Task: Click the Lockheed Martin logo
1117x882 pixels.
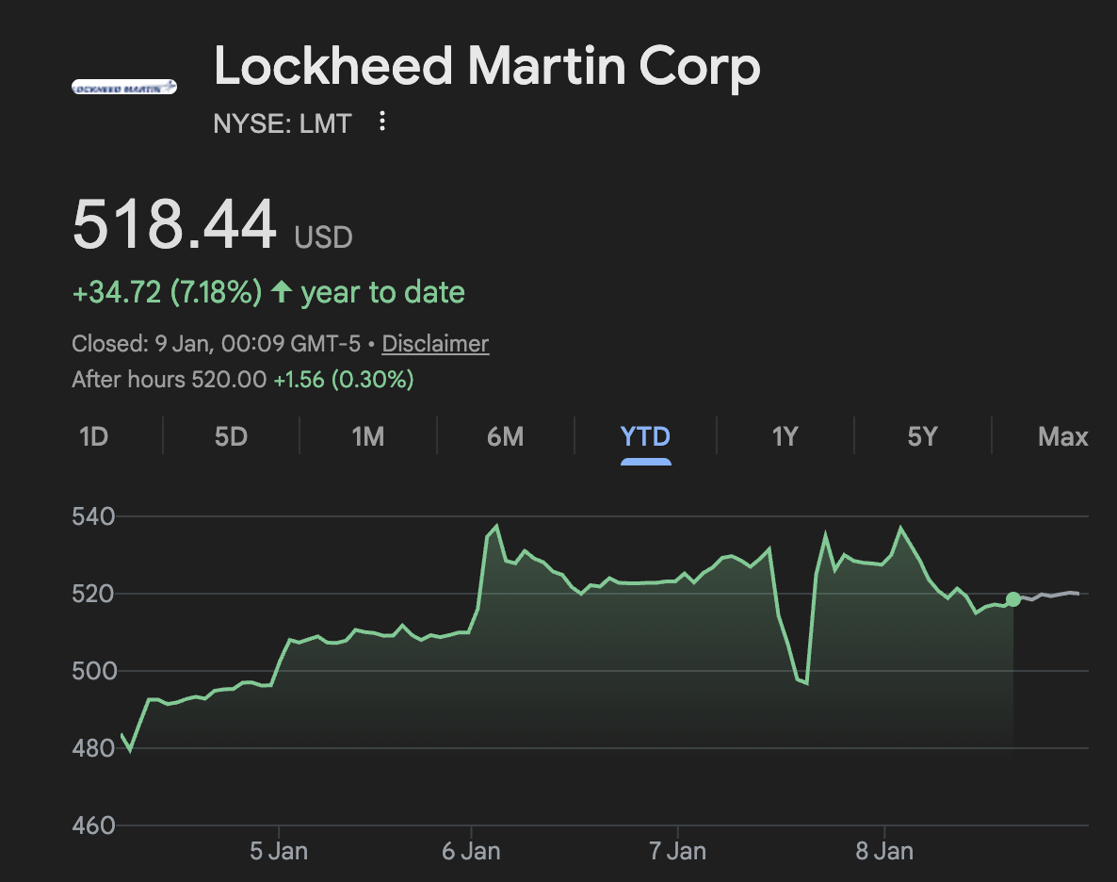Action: pyautogui.click(x=124, y=87)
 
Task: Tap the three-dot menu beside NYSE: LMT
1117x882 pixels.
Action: pyautogui.click(x=382, y=122)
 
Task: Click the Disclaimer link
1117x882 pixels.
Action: pyautogui.click(x=435, y=344)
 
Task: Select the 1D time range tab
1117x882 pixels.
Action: pyautogui.click(x=93, y=437)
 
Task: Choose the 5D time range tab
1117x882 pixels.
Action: pyautogui.click(x=231, y=437)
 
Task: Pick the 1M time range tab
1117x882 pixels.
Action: pyautogui.click(x=367, y=437)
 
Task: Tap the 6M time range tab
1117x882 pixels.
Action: pyautogui.click(x=505, y=437)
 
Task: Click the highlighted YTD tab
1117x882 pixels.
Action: pyautogui.click(x=645, y=437)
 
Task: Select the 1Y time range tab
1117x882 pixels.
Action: pyautogui.click(x=785, y=437)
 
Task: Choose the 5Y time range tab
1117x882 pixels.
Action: pyautogui.click(x=922, y=437)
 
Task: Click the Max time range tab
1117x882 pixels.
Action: pyautogui.click(x=1062, y=437)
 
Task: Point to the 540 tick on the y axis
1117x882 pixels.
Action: pyautogui.click(x=92, y=516)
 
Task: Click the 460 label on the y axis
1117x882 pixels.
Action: pyautogui.click(x=92, y=825)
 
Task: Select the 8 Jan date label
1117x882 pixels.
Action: pyautogui.click(x=883, y=852)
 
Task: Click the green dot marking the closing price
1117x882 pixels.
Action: pyautogui.click(x=1013, y=599)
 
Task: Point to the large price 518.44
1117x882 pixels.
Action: pyautogui.click(x=174, y=225)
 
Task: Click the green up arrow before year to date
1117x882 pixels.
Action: pyautogui.click(x=281, y=292)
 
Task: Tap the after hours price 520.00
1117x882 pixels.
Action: pyautogui.click(x=229, y=380)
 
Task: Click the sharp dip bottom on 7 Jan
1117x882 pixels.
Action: pyautogui.click(x=806, y=683)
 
